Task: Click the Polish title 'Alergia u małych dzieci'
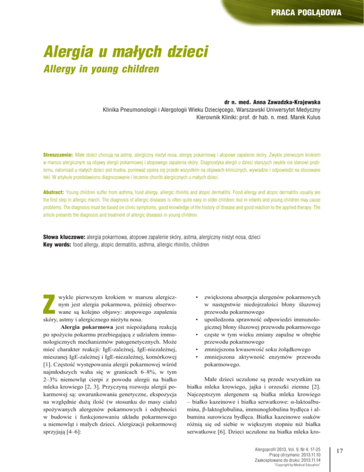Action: (125, 50)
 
